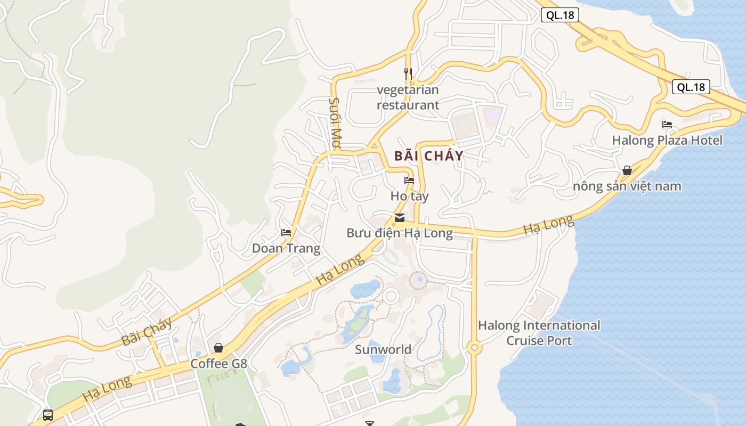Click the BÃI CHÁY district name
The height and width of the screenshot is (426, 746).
[429, 156]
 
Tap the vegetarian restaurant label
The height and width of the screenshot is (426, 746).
[408, 97]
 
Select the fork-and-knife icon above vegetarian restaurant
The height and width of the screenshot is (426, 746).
[408, 73]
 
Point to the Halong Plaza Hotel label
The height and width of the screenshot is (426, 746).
[667, 141]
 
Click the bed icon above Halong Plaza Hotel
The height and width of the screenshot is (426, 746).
[667, 125]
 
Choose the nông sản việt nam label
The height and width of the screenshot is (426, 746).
[627, 186]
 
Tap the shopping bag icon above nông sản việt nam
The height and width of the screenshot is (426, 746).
[627, 170]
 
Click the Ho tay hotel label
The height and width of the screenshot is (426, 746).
[409, 196]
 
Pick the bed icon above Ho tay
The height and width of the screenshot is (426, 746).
[409, 180]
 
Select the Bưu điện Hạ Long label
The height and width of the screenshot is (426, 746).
[400, 233]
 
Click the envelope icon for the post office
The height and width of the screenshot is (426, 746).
[400, 217]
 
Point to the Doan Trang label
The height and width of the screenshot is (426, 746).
[286, 248]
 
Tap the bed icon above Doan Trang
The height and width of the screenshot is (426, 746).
[286, 232]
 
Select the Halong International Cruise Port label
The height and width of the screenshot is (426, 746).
[539, 333]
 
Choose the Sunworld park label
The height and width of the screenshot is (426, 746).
[383, 349]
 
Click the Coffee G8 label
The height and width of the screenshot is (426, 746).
[219, 364]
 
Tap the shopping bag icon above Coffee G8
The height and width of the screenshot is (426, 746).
[218, 348]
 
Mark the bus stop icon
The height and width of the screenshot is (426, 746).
[48, 415]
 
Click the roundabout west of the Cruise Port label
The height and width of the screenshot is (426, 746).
[474, 348]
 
